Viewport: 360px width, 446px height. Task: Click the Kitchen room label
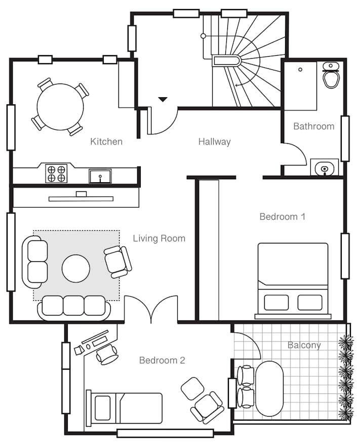106,141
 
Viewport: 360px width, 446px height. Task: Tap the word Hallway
214,142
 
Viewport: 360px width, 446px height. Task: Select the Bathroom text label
313,126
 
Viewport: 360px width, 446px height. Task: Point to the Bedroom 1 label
283,217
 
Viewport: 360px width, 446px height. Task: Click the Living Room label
159,238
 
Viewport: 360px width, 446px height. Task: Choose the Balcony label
304,345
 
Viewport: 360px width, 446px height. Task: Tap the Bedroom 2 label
162,360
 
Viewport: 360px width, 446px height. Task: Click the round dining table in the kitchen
60,107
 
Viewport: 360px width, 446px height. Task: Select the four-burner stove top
56,173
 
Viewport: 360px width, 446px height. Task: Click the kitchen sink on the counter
100,176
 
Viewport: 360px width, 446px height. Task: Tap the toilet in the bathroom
331,75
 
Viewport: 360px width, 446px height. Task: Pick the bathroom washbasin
324,168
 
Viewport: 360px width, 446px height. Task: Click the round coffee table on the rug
76,268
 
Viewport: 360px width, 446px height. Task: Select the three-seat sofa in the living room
74,308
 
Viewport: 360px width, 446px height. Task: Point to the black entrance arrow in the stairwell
163,99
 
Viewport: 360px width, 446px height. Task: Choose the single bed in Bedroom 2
125,408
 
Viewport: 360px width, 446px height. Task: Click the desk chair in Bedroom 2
107,354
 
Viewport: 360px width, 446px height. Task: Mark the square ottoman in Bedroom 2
193,388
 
